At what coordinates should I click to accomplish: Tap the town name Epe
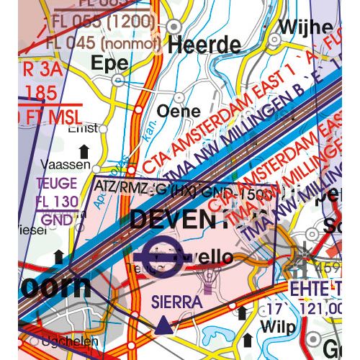point(109,63)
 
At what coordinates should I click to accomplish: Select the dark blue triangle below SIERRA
point(165,326)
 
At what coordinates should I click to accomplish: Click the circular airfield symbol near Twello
point(157,255)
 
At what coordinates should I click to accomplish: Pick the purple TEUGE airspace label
point(55,183)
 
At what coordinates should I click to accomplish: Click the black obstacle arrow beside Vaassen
point(85,150)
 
